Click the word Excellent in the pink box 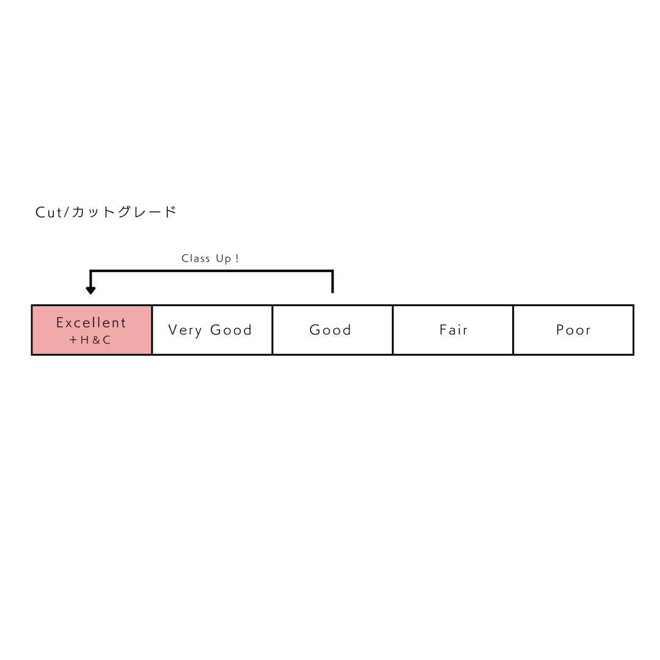pos(91,323)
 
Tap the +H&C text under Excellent pos(90,340)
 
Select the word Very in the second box pos(185,330)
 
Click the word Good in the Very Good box pos(230,329)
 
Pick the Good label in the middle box pos(331,329)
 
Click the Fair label pos(453,329)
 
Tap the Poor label pos(573,329)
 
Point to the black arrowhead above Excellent pos(90,290)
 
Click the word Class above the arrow pos(196,258)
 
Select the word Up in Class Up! pos(224,259)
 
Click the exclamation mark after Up pos(237,258)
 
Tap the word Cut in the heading pos(49,212)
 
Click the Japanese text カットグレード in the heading pos(123,211)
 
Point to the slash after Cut pos(66,212)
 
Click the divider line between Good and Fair pos(393,330)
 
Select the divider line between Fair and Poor pos(513,330)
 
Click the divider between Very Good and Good pos(273,330)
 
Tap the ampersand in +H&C pos(96,340)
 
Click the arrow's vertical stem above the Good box pos(332,281)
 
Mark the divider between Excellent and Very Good pos(152,330)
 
